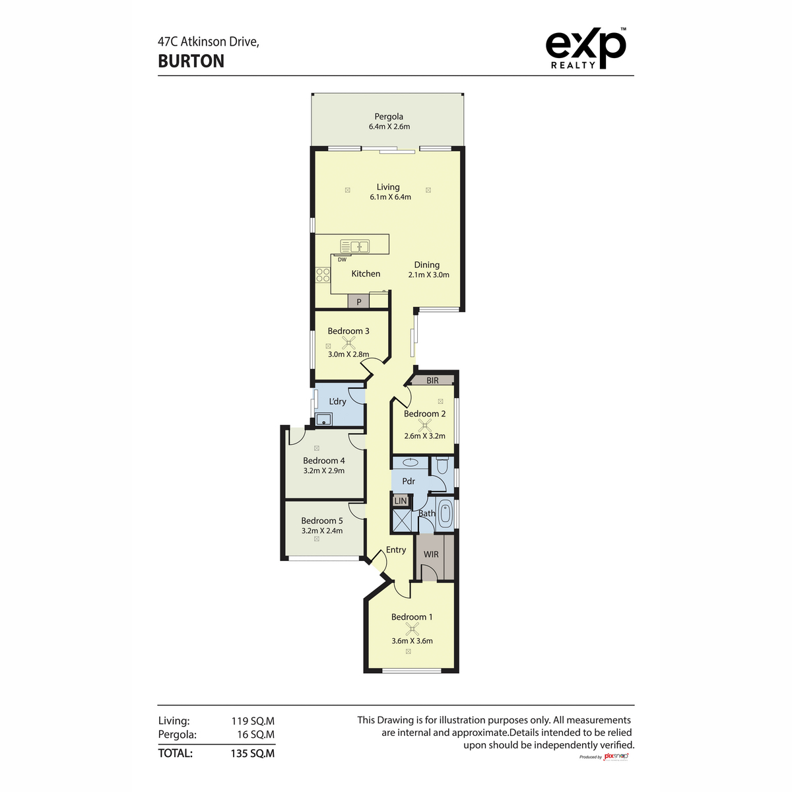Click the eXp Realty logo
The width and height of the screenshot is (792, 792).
tap(585, 48)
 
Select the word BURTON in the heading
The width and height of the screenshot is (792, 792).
tap(191, 61)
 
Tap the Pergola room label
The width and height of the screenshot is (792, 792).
tap(389, 117)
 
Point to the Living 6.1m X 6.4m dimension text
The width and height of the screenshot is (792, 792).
tap(390, 197)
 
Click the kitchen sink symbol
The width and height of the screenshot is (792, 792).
tap(354, 247)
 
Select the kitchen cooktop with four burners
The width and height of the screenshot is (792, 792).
tap(322, 275)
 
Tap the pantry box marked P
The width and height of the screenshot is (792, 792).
tap(358, 302)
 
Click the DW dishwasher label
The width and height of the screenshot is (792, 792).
tap(342, 260)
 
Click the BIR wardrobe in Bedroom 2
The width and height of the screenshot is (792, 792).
tap(432, 380)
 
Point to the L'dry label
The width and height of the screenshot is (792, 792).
tap(337, 401)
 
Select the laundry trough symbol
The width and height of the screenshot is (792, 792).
tap(323, 419)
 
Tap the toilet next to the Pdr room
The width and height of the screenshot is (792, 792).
tap(442, 466)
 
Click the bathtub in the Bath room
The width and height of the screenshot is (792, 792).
tap(445, 513)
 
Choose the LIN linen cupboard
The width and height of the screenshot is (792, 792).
tap(401, 501)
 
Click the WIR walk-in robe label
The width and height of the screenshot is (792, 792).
tap(431, 554)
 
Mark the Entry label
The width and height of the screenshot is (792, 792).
tap(396, 550)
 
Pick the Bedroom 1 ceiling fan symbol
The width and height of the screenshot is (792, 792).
tap(412, 628)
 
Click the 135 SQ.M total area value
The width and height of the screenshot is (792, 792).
tap(253, 753)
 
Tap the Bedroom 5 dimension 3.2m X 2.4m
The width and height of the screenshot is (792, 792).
tap(322, 531)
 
